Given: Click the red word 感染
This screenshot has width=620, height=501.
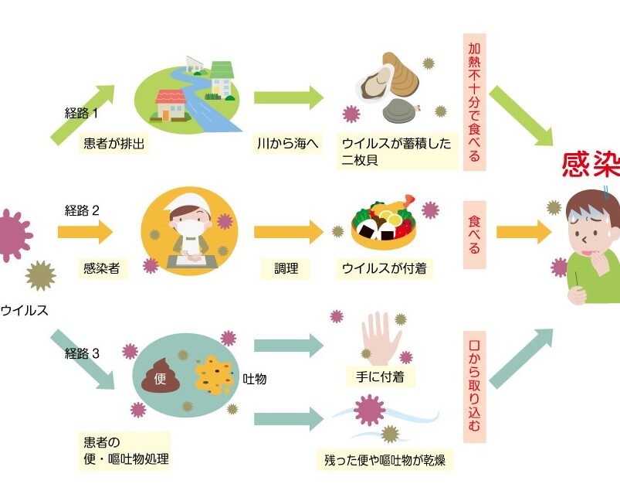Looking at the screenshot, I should tap(591, 165).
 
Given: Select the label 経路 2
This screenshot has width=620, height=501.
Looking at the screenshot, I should tap(83, 210).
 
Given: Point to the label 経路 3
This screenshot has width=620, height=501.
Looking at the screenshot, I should tap(83, 354).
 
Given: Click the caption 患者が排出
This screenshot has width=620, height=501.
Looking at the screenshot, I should tap(116, 144).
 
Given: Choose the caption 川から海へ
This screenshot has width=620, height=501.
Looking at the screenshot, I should tap(288, 144).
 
